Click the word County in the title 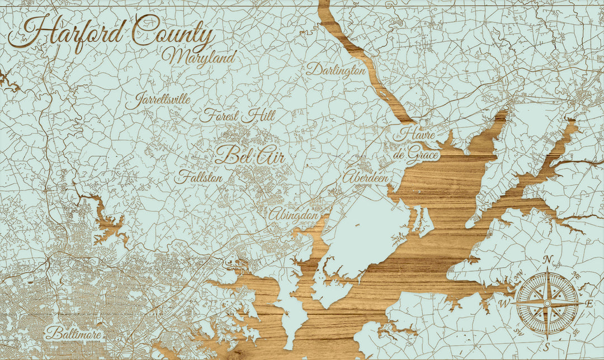[173, 32]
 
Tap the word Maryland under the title [200, 57]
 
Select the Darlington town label [336, 70]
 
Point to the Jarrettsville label [158, 101]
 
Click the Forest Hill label [238, 116]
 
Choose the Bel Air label [250, 155]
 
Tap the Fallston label [199, 178]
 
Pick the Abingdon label [294, 214]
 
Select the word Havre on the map [414, 135]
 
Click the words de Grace [414, 154]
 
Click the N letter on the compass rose [549, 259]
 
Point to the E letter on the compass [589, 304]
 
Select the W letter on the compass [504, 304]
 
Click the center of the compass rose [548, 302]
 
